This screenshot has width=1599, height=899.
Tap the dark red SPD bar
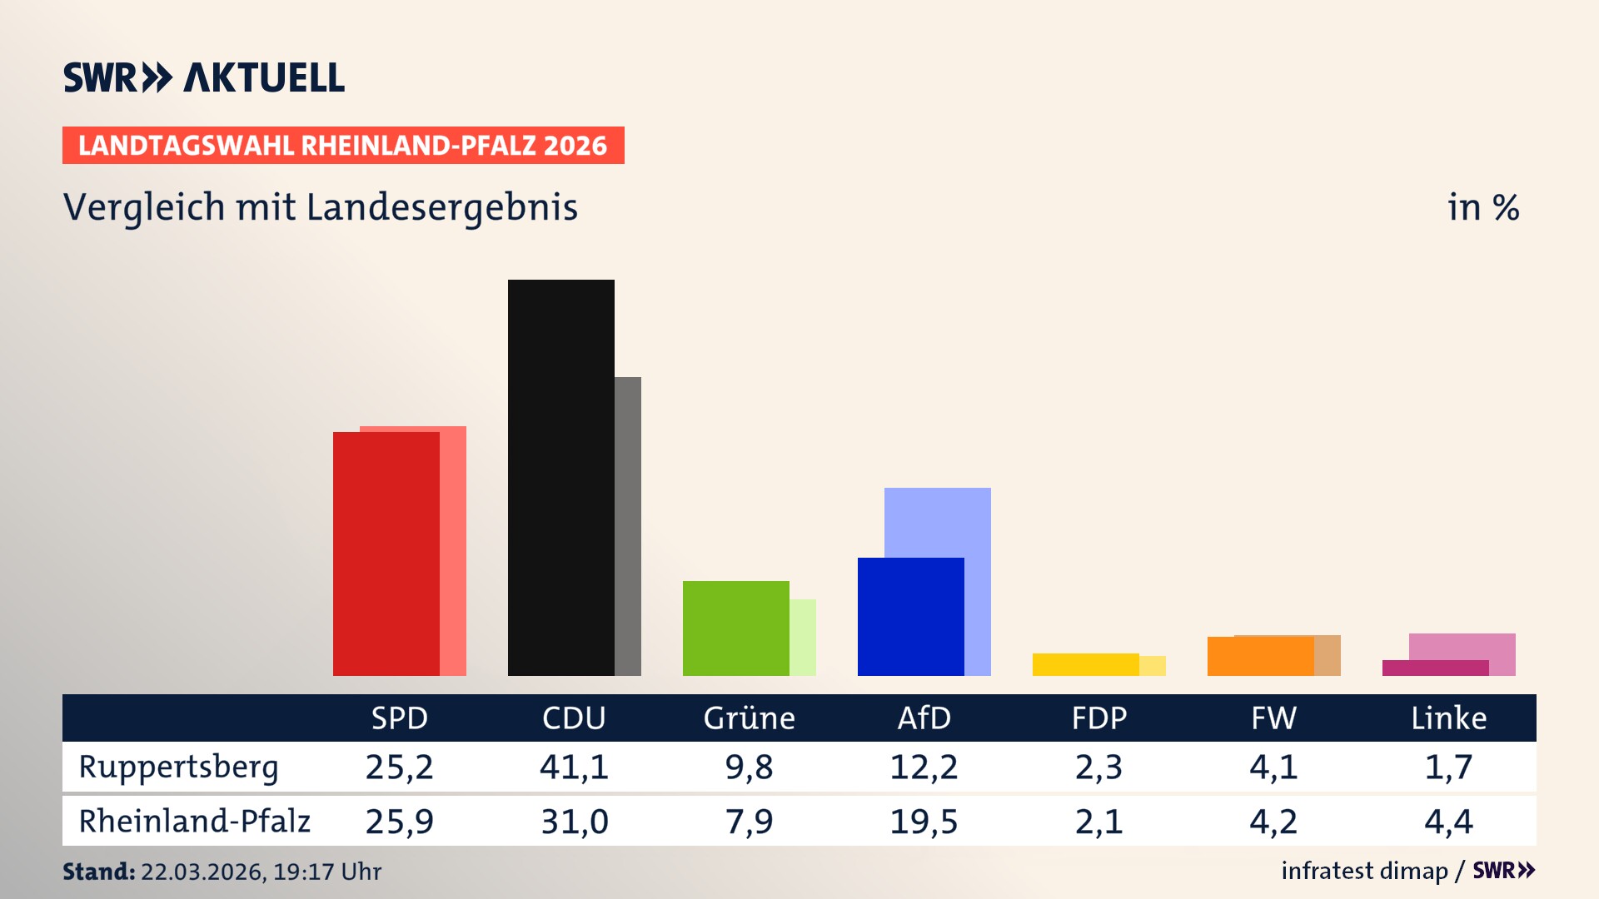pyautogui.click(x=386, y=554)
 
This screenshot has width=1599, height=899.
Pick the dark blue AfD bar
pyautogui.click(x=910, y=616)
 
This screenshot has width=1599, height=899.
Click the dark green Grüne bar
pyautogui.click(x=735, y=628)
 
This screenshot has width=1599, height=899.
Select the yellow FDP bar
pyautogui.click(x=1085, y=664)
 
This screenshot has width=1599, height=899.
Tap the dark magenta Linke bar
pyautogui.click(x=1435, y=668)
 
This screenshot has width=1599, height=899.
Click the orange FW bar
pyautogui.click(x=1260, y=656)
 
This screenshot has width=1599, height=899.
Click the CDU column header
pyautogui.click(x=574, y=718)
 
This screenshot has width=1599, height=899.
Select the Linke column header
pyautogui.click(x=1448, y=718)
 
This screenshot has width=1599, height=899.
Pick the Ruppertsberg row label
pyautogui.click(x=178, y=767)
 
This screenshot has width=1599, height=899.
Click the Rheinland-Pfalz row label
pyautogui.click(x=194, y=822)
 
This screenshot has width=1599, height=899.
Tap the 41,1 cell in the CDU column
pyautogui.click(x=574, y=767)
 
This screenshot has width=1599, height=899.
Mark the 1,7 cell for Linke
pyautogui.click(x=1448, y=767)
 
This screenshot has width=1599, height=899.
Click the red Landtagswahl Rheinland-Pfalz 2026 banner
pyautogui.click(x=343, y=146)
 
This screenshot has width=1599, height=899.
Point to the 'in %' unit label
pyautogui.click(x=1482, y=208)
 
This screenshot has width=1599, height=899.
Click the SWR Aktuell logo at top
pyautogui.click(x=204, y=77)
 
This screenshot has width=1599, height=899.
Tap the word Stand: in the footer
pyautogui.click(x=98, y=872)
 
